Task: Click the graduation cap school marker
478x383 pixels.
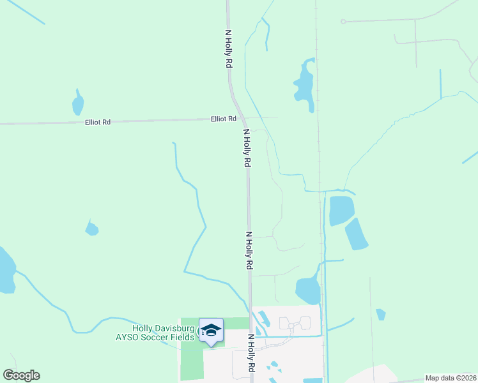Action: pos(211,331)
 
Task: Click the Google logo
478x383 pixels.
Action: pos(21,375)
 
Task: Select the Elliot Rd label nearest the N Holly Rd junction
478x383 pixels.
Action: pos(224,119)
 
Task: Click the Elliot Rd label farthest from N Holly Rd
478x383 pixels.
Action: pos(98,122)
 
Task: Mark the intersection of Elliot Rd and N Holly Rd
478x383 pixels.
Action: pos(242,119)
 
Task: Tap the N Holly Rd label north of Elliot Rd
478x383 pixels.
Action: pos(229,49)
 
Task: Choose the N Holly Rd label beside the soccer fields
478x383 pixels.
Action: pos(251,354)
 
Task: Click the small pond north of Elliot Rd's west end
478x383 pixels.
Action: pos(78,103)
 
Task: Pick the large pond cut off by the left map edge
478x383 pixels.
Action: pos(6,270)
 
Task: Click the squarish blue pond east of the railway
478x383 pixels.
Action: pos(341,210)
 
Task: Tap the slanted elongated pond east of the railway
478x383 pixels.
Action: pos(357,234)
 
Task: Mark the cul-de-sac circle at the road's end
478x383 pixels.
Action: pos(343,22)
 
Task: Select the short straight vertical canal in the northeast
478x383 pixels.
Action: pos(440,83)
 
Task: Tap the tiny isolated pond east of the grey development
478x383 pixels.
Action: pos(381,314)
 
